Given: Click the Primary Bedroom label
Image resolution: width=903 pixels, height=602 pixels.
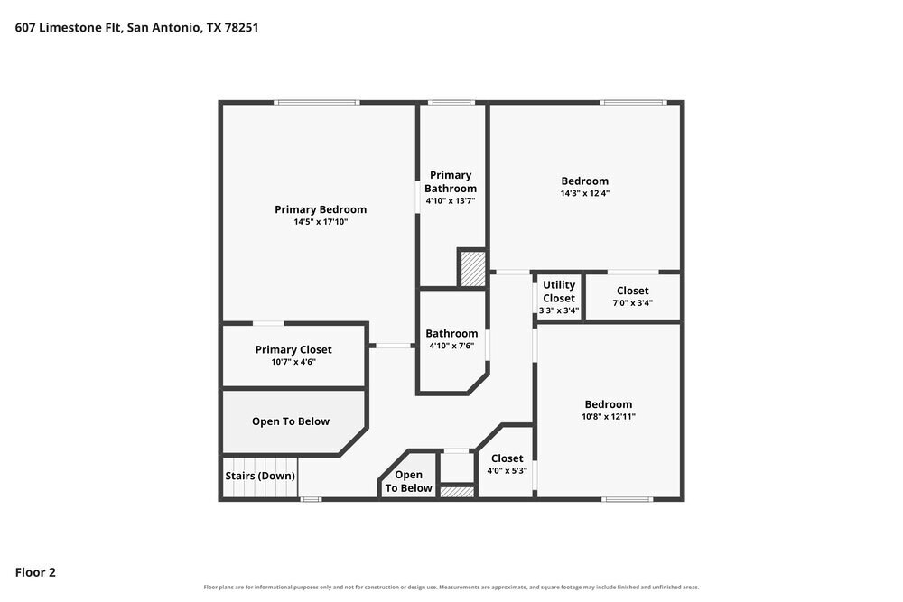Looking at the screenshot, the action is pyautogui.click(x=321, y=209).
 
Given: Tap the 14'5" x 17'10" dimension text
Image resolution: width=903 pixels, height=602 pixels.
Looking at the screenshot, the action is pyautogui.click(x=321, y=222).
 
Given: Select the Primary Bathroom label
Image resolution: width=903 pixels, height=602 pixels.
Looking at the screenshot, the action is pyautogui.click(x=451, y=181).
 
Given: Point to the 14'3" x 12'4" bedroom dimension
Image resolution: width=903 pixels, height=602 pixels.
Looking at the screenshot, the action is pyautogui.click(x=584, y=193).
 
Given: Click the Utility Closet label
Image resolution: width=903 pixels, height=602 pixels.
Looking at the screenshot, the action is pyautogui.click(x=559, y=292).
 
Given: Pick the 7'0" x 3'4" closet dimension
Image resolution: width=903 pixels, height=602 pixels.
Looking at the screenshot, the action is pyautogui.click(x=632, y=302).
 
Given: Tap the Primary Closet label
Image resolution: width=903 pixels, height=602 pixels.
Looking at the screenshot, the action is pyautogui.click(x=293, y=349).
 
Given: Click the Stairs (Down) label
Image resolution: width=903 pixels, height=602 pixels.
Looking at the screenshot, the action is pyautogui.click(x=260, y=476).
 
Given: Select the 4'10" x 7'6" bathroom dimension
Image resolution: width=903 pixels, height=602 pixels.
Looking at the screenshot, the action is pyautogui.click(x=451, y=346).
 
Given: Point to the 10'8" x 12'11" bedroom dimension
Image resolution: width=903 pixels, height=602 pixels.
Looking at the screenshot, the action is pyautogui.click(x=608, y=416).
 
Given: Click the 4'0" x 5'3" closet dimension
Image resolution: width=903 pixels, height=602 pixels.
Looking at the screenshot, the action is pyautogui.click(x=507, y=470).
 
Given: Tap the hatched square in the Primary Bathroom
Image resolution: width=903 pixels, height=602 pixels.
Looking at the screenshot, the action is pyautogui.click(x=472, y=268).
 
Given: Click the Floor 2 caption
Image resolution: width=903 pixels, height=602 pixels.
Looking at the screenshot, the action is pyautogui.click(x=35, y=572).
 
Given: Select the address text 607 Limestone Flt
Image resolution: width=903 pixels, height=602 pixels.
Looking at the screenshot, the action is pyautogui.click(x=68, y=27).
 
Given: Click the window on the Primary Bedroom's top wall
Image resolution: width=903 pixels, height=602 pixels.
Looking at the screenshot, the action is pyautogui.click(x=317, y=103).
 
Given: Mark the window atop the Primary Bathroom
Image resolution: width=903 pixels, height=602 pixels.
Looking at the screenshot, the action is pyautogui.click(x=451, y=103).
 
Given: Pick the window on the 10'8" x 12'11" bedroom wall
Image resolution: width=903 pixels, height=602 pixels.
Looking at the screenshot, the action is pyautogui.click(x=628, y=499).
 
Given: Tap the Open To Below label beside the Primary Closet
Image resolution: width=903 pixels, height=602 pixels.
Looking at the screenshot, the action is pyautogui.click(x=290, y=421).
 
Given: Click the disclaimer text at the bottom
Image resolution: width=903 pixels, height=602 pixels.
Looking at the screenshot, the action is pyautogui.click(x=451, y=587).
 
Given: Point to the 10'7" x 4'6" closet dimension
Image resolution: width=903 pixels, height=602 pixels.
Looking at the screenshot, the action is pyautogui.click(x=293, y=362).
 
